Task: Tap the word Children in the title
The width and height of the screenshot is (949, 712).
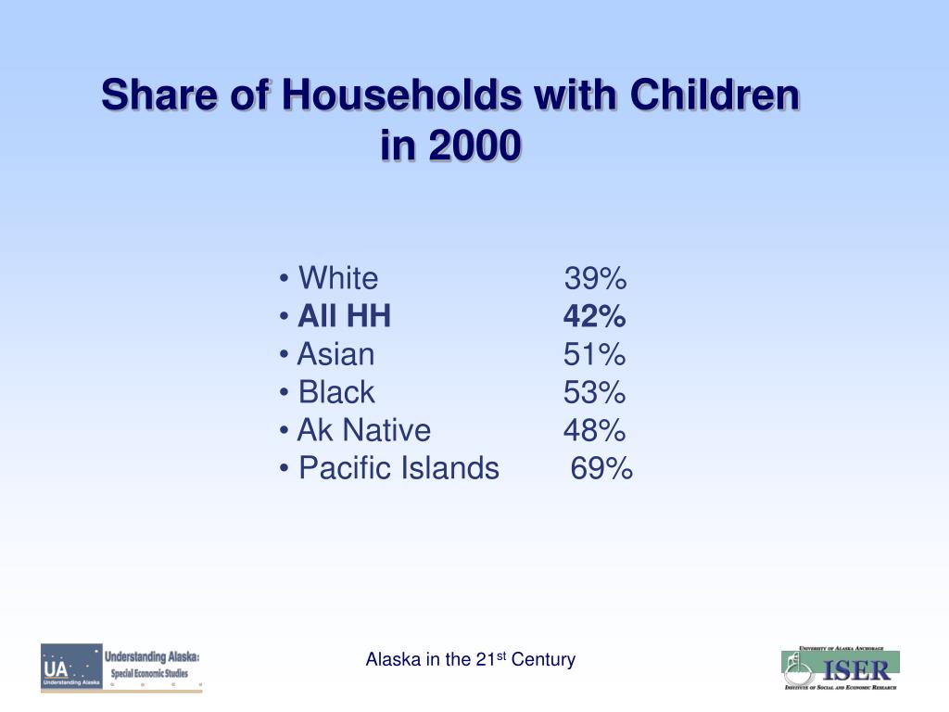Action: tap(714, 95)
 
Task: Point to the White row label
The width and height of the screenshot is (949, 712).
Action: tap(338, 278)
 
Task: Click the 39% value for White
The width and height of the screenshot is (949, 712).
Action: tap(595, 278)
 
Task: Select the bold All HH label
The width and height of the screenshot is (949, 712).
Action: tap(344, 317)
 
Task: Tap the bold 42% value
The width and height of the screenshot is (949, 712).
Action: tap(595, 317)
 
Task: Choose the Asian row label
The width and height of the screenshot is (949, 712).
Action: tap(335, 354)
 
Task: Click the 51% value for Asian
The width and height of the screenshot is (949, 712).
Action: tap(595, 354)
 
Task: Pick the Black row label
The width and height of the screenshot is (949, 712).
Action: tap(336, 393)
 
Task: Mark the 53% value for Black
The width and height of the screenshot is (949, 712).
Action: tap(595, 393)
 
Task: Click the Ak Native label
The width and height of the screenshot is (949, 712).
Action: tap(363, 430)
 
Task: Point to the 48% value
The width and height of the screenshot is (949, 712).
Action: tap(595, 430)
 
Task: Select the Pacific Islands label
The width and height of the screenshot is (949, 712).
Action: tap(399, 469)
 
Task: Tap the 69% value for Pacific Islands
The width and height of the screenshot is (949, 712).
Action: tap(601, 469)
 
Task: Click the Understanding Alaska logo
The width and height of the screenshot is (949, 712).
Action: tap(120, 667)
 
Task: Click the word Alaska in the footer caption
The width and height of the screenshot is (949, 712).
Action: tap(393, 660)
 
